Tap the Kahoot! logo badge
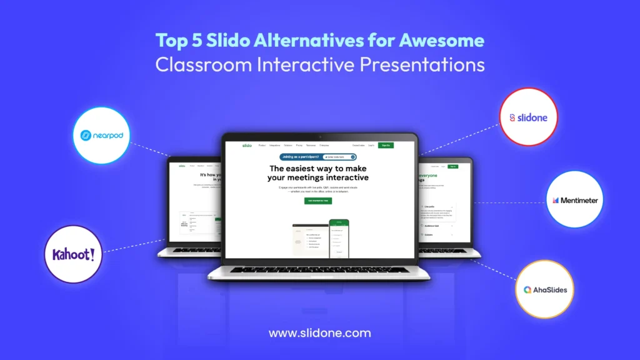click(x=74, y=254)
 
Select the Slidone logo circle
click(x=529, y=117)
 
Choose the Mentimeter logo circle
click(x=575, y=201)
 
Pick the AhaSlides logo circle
click(x=545, y=289)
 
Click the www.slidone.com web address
click(x=319, y=333)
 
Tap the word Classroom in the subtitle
click(x=198, y=64)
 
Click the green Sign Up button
click(x=386, y=145)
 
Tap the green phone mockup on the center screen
click(x=339, y=237)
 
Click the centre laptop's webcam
click(x=319, y=136)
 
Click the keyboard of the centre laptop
click(x=319, y=269)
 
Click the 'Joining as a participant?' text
click(x=301, y=157)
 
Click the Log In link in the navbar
click(x=371, y=145)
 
